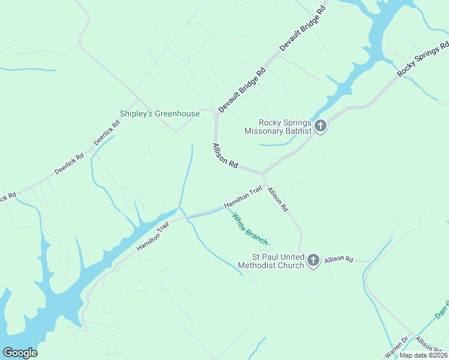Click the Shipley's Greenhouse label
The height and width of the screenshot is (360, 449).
tap(160, 113)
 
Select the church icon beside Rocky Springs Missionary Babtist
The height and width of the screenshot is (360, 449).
tap(321, 126)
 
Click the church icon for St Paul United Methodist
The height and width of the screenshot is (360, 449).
tap(313, 260)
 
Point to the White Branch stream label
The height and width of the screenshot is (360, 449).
tap(250, 229)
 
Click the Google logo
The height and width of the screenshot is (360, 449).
tap(20, 353)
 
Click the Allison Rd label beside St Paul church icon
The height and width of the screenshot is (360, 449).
tap(339, 259)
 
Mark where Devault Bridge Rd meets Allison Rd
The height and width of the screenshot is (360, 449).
tap(216, 112)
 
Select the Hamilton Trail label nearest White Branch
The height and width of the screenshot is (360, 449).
tap(243, 197)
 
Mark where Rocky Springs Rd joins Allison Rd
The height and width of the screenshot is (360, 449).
tap(263, 174)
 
